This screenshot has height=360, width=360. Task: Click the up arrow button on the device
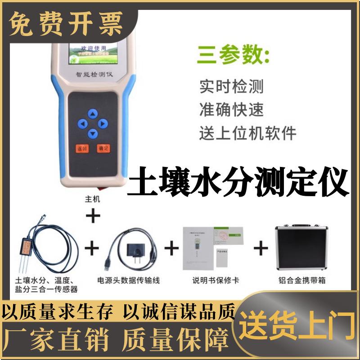click(x=93, y=113)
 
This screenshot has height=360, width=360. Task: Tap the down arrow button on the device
click(x=93, y=133)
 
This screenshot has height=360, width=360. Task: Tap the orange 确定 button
click(x=103, y=148)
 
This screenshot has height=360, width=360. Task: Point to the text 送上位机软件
click(x=247, y=133)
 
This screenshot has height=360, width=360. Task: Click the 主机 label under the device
click(x=92, y=199)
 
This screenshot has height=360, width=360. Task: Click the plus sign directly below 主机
click(x=93, y=217)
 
